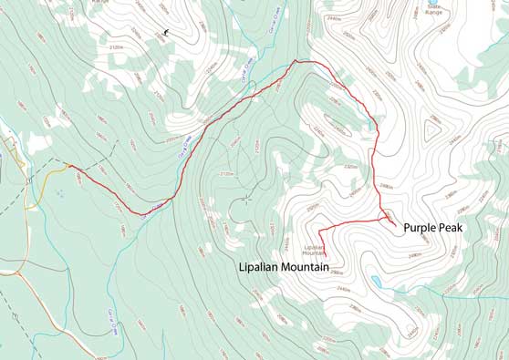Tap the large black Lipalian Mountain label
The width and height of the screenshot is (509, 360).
(284, 267)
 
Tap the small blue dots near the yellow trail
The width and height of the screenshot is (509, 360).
(60, 193)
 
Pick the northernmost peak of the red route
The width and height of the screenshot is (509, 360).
(296, 61)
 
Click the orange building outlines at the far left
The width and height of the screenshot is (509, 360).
(11, 146)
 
